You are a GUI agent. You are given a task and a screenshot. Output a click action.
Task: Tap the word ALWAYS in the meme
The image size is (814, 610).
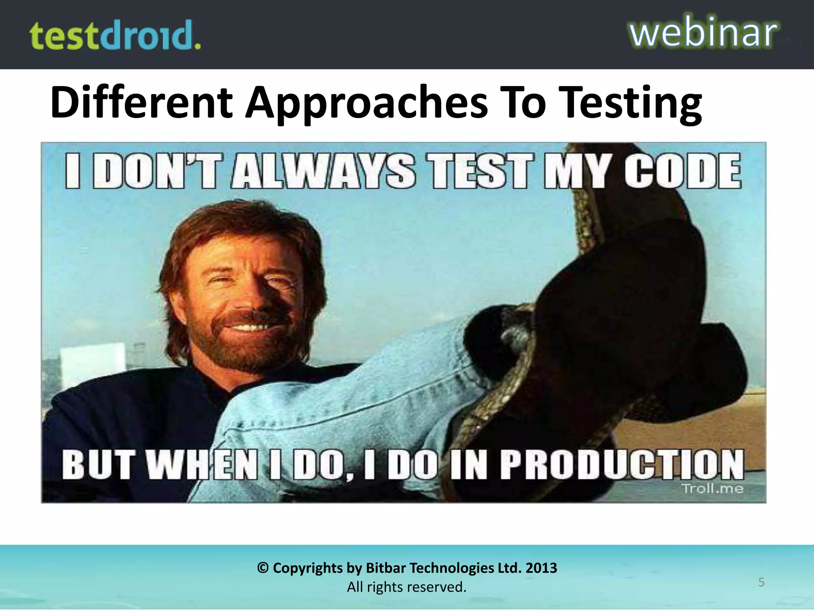[x=324, y=171]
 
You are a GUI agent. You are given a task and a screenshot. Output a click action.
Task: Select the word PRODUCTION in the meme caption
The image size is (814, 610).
[x=622, y=464]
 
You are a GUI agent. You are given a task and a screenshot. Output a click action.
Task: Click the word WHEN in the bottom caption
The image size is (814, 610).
[x=203, y=465]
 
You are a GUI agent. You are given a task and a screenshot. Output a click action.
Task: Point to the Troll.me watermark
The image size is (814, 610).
[x=712, y=488]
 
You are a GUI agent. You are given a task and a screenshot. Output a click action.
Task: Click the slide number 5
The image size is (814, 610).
[x=761, y=582]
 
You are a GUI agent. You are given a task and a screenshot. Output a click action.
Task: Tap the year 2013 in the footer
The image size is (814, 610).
[x=541, y=568]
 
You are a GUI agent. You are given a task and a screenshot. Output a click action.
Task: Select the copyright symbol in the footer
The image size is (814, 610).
[x=263, y=568]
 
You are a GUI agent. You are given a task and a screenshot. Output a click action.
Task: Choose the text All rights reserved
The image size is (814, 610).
[x=407, y=587]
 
